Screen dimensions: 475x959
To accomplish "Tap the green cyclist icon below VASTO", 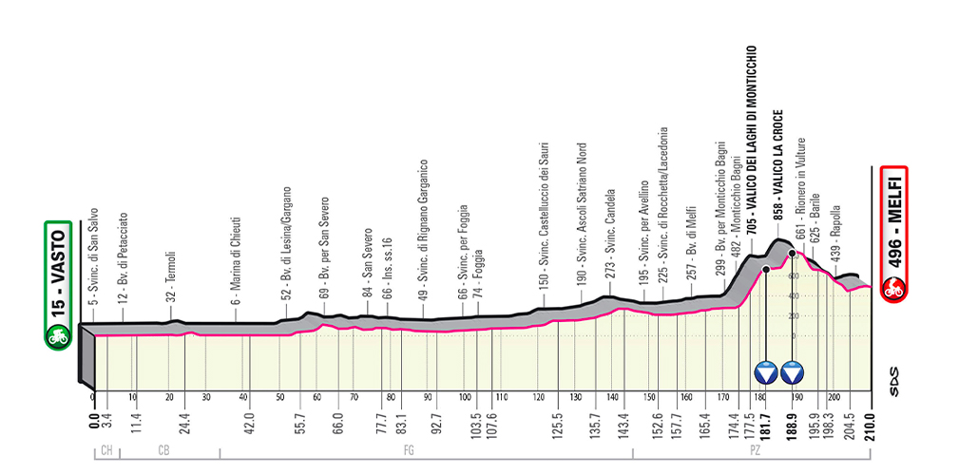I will tap(58, 334).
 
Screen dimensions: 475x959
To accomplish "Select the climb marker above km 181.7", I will tap(765, 370).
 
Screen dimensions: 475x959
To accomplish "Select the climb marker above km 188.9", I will tap(793, 370).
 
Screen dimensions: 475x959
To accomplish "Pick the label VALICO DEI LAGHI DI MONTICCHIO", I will tap(751, 143).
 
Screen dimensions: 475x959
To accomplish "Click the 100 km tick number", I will tap(465, 397).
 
